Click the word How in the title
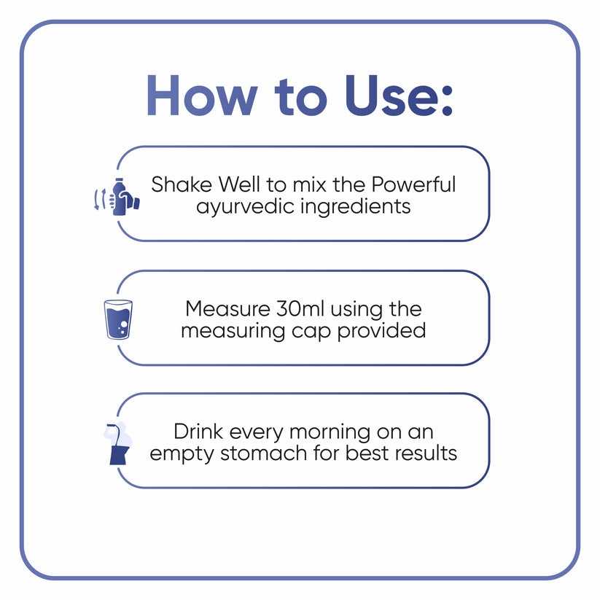coord(202,96)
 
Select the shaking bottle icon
coord(117,197)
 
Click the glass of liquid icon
coord(118,319)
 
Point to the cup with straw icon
coord(118,443)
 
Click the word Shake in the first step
coord(182,184)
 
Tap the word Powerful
coord(413,184)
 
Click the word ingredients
coord(356,207)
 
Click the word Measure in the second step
coord(227,309)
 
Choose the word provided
coord(381,330)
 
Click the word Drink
coord(198,432)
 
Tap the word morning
coord(330,433)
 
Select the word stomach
coord(263,453)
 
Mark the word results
coord(426,453)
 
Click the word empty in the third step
coord(182,455)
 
